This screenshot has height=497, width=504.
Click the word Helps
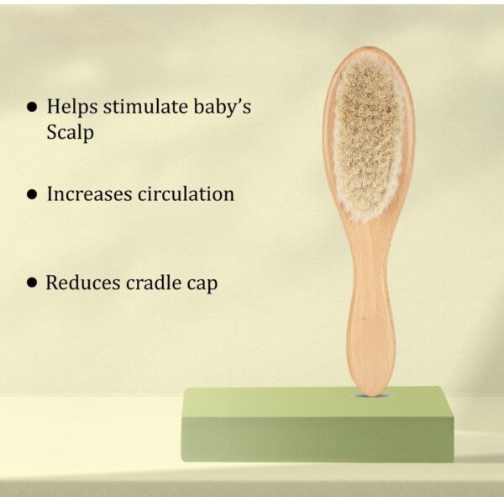[x=72, y=107]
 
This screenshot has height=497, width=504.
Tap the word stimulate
[x=145, y=106]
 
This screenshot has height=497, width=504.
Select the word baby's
[x=223, y=107]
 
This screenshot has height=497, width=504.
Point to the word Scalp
[x=70, y=132]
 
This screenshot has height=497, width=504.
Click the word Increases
[x=89, y=194]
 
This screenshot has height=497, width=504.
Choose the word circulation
[x=186, y=193]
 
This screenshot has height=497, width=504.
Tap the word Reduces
[x=82, y=283]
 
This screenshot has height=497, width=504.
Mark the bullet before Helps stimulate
[x=32, y=107]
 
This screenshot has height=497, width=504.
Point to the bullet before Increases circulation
[x=32, y=194]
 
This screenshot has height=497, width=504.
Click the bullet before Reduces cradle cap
[x=32, y=283]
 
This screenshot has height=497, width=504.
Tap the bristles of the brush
[x=367, y=139]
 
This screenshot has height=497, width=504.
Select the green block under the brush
[x=318, y=424]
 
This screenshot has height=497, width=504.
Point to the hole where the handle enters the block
[x=370, y=395]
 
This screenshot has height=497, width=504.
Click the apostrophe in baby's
[x=238, y=102]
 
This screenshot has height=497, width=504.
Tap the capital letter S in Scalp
[x=52, y=132]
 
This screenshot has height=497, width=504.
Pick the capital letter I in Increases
[x=50, y=194]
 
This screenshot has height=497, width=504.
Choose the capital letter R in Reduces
[x=53, y=283]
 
